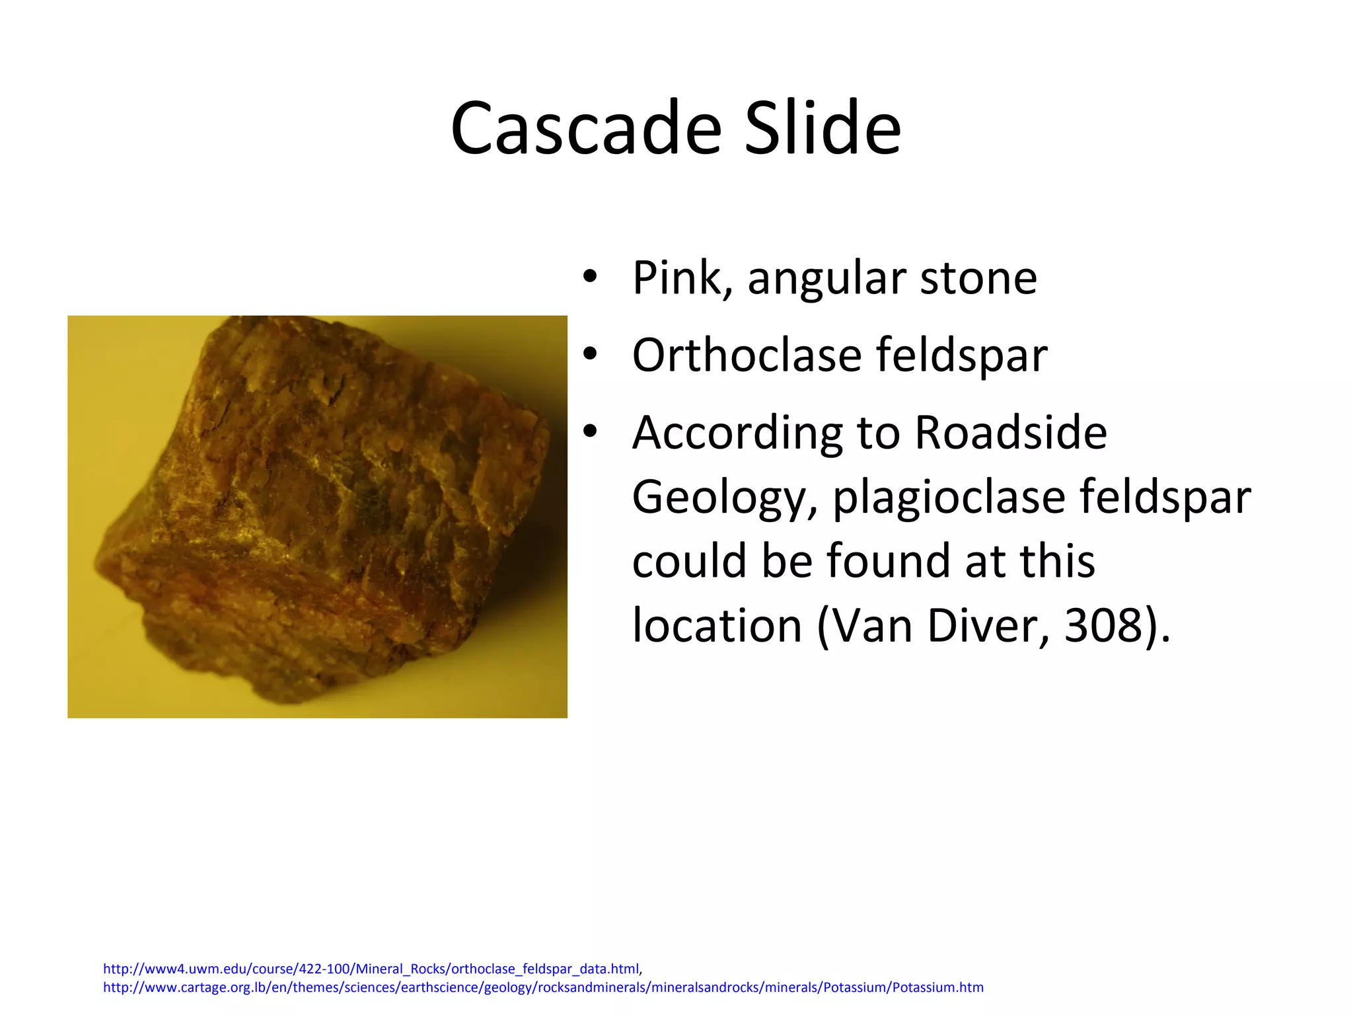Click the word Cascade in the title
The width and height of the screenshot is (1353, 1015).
click(586, 128)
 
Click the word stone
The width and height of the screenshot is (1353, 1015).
click(978, 278)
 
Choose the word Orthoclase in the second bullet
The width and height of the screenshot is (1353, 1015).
click(747, 355)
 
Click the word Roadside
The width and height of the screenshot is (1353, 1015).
click(1011, 433)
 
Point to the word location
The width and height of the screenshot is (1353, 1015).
click(717, 625)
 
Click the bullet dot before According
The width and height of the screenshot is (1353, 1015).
click(590, 432)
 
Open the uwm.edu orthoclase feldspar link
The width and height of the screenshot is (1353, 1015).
click(371, 969)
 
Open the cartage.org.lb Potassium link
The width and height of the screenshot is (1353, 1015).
click(543, 987)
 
